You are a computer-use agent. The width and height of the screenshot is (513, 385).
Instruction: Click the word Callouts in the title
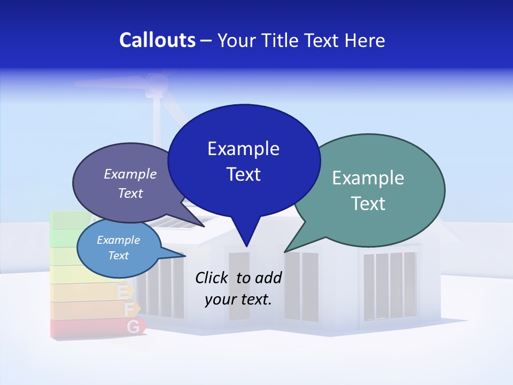[x=157, y=40]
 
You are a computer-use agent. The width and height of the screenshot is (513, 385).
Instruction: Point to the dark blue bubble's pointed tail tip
[x=246, y=247]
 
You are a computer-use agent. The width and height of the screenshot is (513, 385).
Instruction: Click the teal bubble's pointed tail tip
[x=284, y=252]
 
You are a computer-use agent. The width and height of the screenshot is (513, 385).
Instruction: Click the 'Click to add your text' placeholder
[x=238, y=288]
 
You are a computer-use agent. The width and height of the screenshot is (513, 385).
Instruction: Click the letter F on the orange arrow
[x=128, y=309]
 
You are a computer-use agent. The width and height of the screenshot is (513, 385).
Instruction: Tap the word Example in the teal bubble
[x=368, y=178]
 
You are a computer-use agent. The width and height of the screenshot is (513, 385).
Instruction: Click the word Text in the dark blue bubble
[x=244, y=174]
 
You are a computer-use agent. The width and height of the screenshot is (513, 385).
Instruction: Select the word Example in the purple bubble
[x=130, y=174]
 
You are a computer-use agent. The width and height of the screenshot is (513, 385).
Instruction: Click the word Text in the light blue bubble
[x=119, y=256]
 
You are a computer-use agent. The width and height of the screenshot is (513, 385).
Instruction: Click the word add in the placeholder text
[x=268, y=278]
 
